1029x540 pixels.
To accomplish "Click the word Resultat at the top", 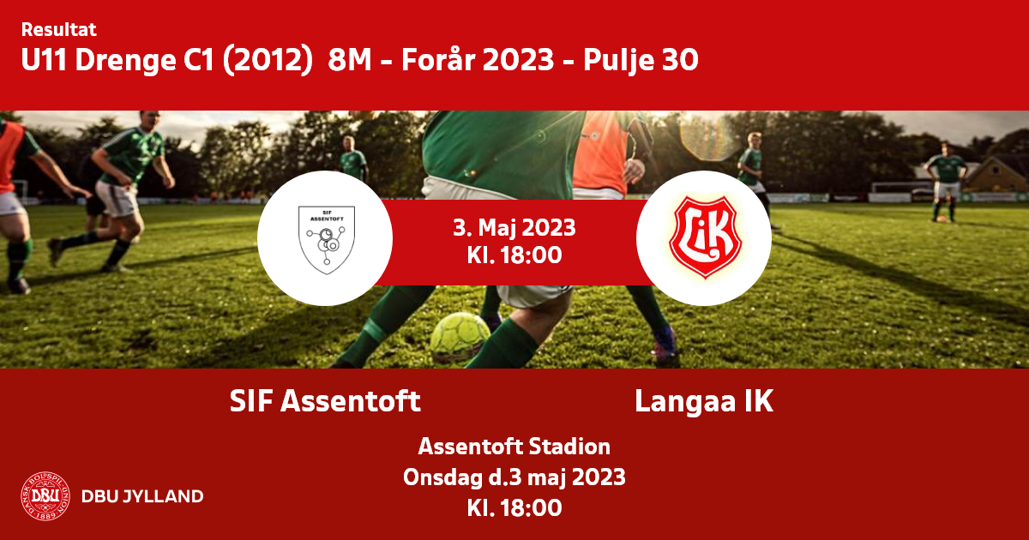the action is pyautogui.click(x=59, y=29).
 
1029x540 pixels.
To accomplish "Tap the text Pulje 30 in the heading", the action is pyautogui.click(x=641, y=61).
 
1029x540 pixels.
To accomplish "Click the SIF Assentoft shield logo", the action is pyautogui.click(x=327, y=240).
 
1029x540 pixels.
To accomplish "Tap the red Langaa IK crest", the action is pyautogui.click(x=705, y=237).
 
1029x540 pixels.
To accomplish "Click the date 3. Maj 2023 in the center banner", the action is pyautogui.click(x=514, y=228).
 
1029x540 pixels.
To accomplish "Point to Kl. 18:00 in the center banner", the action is pyautogui.click(x=514, y=255).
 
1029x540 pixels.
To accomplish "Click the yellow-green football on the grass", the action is pyautogui.click(x=460, y=337).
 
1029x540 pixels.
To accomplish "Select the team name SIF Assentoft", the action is pyautogui.click(x=325, y=401).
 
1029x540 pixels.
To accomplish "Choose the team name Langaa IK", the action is pyautogui.click(x=704, y=401).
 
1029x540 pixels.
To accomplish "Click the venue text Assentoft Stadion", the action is pyautogui.click(x=514, y=447).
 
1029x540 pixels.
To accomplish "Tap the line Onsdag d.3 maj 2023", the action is pyautogui.click(x=514, y=477).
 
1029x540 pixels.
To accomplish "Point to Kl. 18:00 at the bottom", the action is pyautogui.click(x=514, y=507).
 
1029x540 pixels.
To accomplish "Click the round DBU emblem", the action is pyautogui.click(x=45, y=496).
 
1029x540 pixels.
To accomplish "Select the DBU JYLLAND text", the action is pyautogui.click(x=142, y=496).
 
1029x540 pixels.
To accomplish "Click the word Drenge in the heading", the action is pyautogui.click(x=125, y=61).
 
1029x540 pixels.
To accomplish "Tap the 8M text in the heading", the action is pyautogui.click(x=350, y=60).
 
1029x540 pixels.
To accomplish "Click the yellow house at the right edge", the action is pyautogui.click(x=996, y=176).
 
